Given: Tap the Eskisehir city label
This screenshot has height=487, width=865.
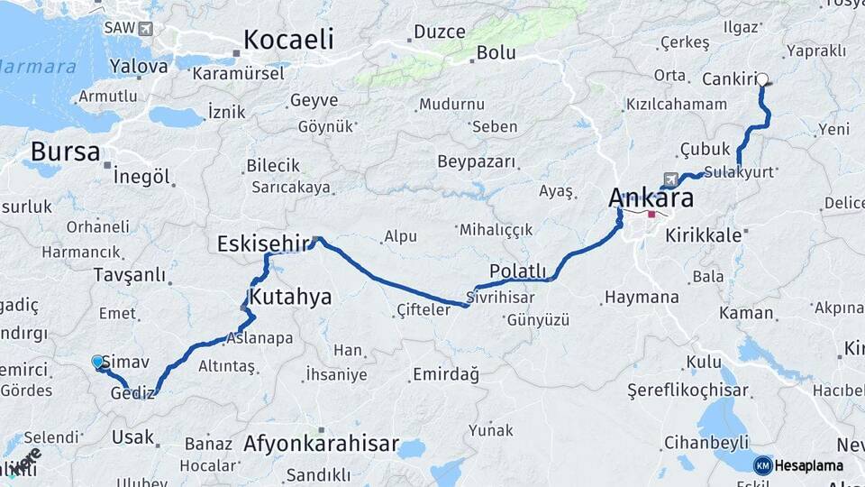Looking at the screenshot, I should click(x=261, y=244).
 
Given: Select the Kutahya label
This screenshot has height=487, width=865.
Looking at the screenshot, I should click(x=290, y=297).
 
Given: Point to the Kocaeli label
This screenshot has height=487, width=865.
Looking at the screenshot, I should click(x=288, y=40).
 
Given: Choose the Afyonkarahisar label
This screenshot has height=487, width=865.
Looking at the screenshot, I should click(x=321, y=444).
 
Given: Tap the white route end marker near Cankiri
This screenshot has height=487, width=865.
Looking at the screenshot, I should click(x=763, y=79).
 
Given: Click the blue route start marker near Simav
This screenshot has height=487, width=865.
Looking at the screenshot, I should click(x=97, y=362).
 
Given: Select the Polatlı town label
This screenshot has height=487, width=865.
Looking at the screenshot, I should click(x=517, y=271).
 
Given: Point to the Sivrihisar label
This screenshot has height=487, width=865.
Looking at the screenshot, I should click(x=501, y=297).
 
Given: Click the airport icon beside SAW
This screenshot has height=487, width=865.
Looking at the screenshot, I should click(x=145, y=28).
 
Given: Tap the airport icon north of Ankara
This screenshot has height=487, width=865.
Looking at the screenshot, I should click(x=669, y=179).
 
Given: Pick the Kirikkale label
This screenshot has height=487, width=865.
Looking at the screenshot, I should click(x=703, y=235).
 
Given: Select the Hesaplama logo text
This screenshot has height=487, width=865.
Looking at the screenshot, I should click(x=809, y=465).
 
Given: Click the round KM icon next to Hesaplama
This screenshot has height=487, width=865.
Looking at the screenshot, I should click(x=762, y=465).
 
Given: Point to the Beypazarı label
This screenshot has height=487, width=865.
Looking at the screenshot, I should click(x=477, y=162).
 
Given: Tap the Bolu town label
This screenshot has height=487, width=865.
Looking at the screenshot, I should click(x=496, y=53).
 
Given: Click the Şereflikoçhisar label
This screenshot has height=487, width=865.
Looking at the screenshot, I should click(x=688, y=391).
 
